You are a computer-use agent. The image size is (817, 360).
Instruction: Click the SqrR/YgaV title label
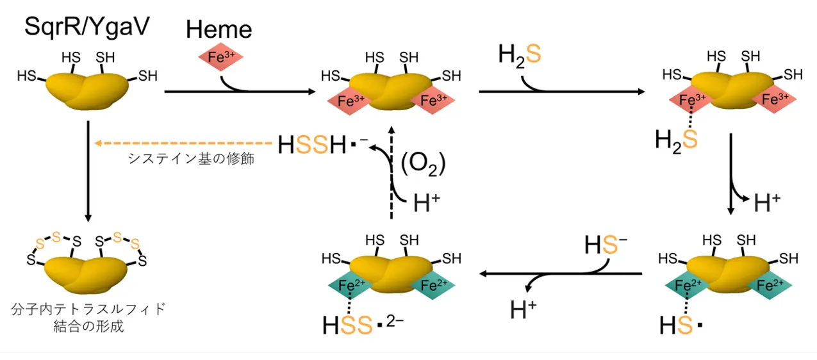[x=87, y=27]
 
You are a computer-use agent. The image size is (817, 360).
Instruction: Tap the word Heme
[x=219, y=29]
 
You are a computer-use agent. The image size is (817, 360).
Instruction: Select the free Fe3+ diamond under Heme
[x=220, y=57]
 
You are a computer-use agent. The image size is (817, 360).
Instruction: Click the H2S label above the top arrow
[x=520, y=56]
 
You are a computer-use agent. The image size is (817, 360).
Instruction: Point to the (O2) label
[x=423, y=164]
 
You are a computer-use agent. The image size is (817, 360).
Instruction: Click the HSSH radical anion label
[x=323, y=144]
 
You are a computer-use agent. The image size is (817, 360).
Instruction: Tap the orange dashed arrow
[x=183, y=143]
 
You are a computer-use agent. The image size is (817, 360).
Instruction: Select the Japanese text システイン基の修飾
[x=191, y=159]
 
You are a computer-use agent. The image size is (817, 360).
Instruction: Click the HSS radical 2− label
[x=363, y=324]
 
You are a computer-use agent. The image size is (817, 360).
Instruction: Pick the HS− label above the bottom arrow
[x=606, y=244]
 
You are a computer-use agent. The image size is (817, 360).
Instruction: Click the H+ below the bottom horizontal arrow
[x=523, y=309]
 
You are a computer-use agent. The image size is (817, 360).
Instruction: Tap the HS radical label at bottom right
[x=681, y=325]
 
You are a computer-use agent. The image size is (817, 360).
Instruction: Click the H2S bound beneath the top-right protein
[x=676, y=140]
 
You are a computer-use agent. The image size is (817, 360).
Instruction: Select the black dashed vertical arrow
[x=392, y=172]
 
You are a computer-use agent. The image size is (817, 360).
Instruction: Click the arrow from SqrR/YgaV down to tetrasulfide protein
[x=88, y=172]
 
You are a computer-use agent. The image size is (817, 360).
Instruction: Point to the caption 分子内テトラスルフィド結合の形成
[x=88, y=317]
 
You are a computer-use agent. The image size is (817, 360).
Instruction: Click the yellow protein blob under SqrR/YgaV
[x=87, y=91]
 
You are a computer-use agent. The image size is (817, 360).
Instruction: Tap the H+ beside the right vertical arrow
[x=767, y=202]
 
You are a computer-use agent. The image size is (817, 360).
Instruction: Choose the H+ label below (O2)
[x=427, y=202]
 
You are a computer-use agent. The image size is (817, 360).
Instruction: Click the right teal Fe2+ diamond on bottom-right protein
[x=770, y=285]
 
